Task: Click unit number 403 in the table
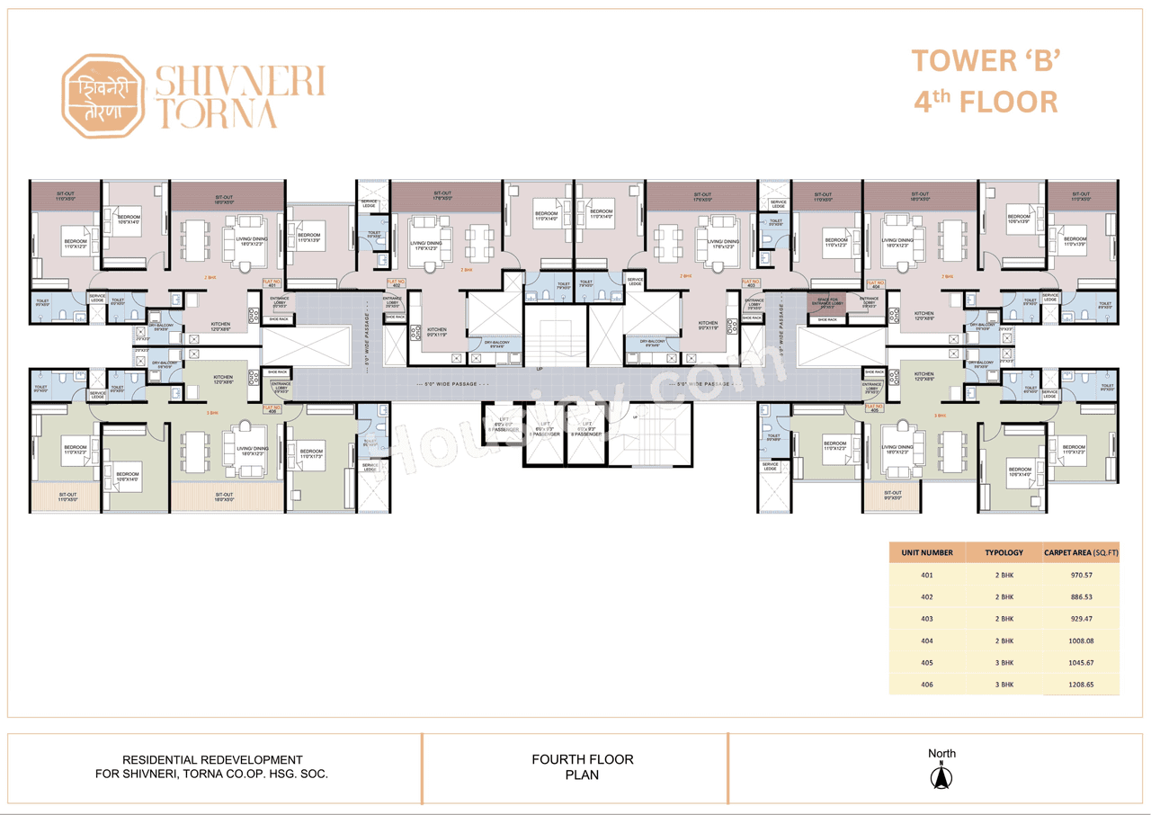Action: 926,619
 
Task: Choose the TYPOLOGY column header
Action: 1004,552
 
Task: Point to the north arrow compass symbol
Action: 941,775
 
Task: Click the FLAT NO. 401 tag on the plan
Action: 272,283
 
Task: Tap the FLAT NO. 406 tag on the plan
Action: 272,408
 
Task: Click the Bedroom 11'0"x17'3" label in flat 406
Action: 312,452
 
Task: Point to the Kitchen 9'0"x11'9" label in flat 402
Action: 437,332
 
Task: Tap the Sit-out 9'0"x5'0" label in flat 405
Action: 892,495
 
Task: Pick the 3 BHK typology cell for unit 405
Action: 1004,663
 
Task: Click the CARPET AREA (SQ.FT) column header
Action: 1081,552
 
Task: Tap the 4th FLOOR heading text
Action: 986,101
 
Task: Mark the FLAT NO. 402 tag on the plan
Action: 395,283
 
